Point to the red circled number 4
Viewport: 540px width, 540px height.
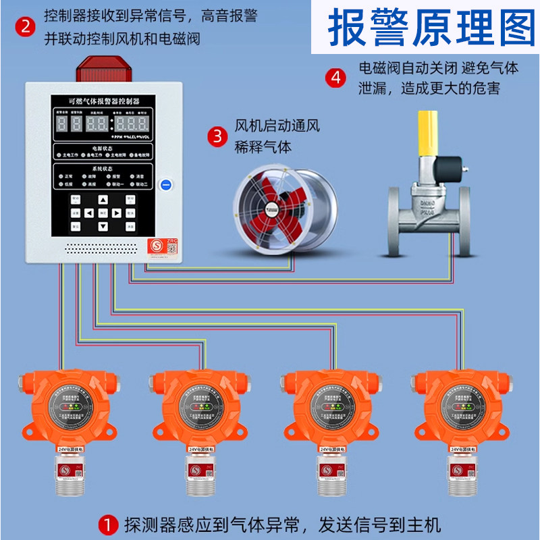coord(335,77)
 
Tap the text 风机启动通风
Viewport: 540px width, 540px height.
coord(277,126)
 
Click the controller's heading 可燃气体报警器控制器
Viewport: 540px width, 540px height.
coord(104,101)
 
